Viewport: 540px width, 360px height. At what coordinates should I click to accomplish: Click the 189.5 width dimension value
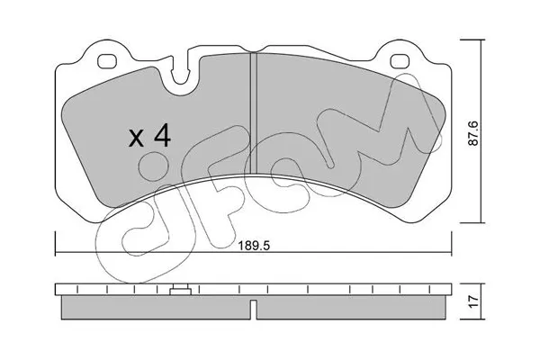click(254, 246)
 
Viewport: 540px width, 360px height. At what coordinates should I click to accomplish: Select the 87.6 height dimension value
click(474, 133)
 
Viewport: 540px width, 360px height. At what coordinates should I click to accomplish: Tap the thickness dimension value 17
click(474, 301)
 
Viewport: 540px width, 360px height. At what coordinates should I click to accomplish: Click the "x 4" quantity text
click(149, 136)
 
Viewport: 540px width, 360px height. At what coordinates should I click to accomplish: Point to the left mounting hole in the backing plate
click(107, 61)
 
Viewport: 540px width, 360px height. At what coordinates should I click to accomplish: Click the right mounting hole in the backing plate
click(400, 61)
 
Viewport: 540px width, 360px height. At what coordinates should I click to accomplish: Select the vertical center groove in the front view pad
click(253, 113)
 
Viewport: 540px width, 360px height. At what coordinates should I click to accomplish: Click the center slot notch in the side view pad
click(253, 310)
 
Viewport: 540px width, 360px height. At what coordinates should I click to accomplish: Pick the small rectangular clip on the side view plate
click(181, 290)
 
